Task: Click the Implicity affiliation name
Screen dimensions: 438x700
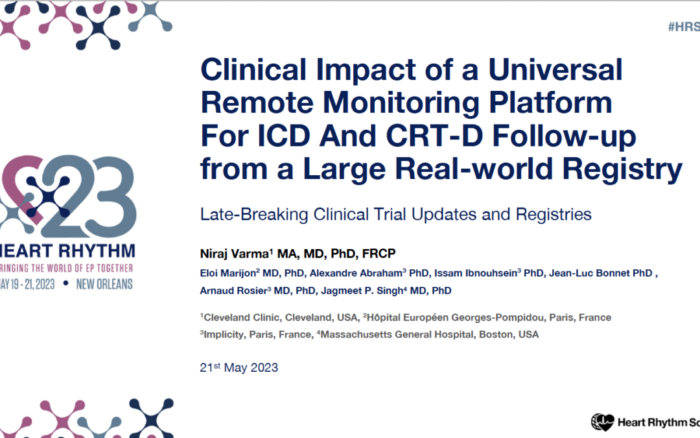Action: coord(226,334)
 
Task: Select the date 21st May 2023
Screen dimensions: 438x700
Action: coord(239,367)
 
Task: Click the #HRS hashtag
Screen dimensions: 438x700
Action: coord(683,27)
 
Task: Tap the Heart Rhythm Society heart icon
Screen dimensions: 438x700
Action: coord(603,422)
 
